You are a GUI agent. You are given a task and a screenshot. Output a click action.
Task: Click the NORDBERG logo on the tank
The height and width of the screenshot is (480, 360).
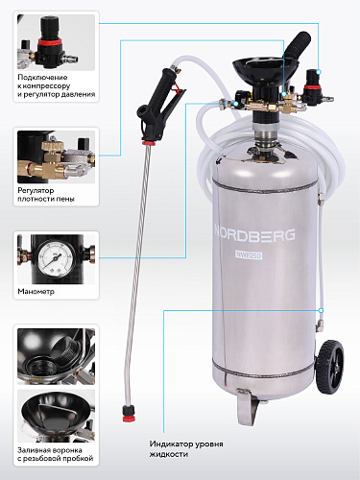tap(254, 235)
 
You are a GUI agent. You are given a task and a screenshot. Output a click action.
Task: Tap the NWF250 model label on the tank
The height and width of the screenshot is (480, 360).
tap(249, 255)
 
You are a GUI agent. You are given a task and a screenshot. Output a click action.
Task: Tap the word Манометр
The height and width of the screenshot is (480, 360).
tap(36, 292)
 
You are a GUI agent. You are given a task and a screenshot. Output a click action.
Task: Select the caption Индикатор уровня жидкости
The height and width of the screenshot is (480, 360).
tap(186, 448)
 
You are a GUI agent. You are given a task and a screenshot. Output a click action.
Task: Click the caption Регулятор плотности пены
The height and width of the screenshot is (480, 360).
tap(46, 195)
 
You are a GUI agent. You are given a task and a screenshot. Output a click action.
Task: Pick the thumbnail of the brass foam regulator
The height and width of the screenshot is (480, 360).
tap(56, 156)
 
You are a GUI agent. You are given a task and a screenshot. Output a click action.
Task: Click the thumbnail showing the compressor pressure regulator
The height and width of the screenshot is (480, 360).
tap(56, 42)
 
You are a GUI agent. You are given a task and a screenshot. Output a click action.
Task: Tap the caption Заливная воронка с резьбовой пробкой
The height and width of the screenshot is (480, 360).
tap(56, 454)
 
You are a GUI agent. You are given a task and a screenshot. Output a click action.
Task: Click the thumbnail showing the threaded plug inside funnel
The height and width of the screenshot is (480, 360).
tap(56, 356)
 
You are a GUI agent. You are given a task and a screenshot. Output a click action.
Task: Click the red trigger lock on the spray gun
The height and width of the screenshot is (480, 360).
tap(175, 87)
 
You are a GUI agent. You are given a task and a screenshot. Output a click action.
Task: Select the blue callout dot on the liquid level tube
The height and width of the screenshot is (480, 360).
tap(321, 310)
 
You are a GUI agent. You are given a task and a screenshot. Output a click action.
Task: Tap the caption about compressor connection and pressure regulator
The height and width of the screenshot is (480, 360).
tap(57, 85)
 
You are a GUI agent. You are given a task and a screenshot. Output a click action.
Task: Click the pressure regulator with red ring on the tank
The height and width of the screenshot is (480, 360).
tap(312, 87)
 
